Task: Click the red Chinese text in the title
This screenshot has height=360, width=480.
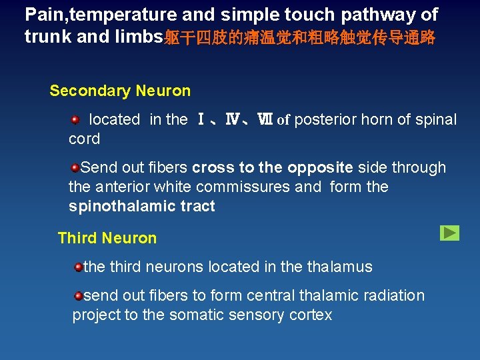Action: coord(299,37)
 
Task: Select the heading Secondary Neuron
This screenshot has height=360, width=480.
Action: coord(120,91)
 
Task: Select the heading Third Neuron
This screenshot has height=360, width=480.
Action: coord(107,238)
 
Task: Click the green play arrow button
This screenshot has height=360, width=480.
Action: coord(449,233)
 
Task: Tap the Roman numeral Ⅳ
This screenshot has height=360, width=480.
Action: coord(232,120)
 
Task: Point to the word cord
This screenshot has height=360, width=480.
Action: coord(84,139)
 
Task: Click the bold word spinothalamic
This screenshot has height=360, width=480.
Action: coord(116,206)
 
